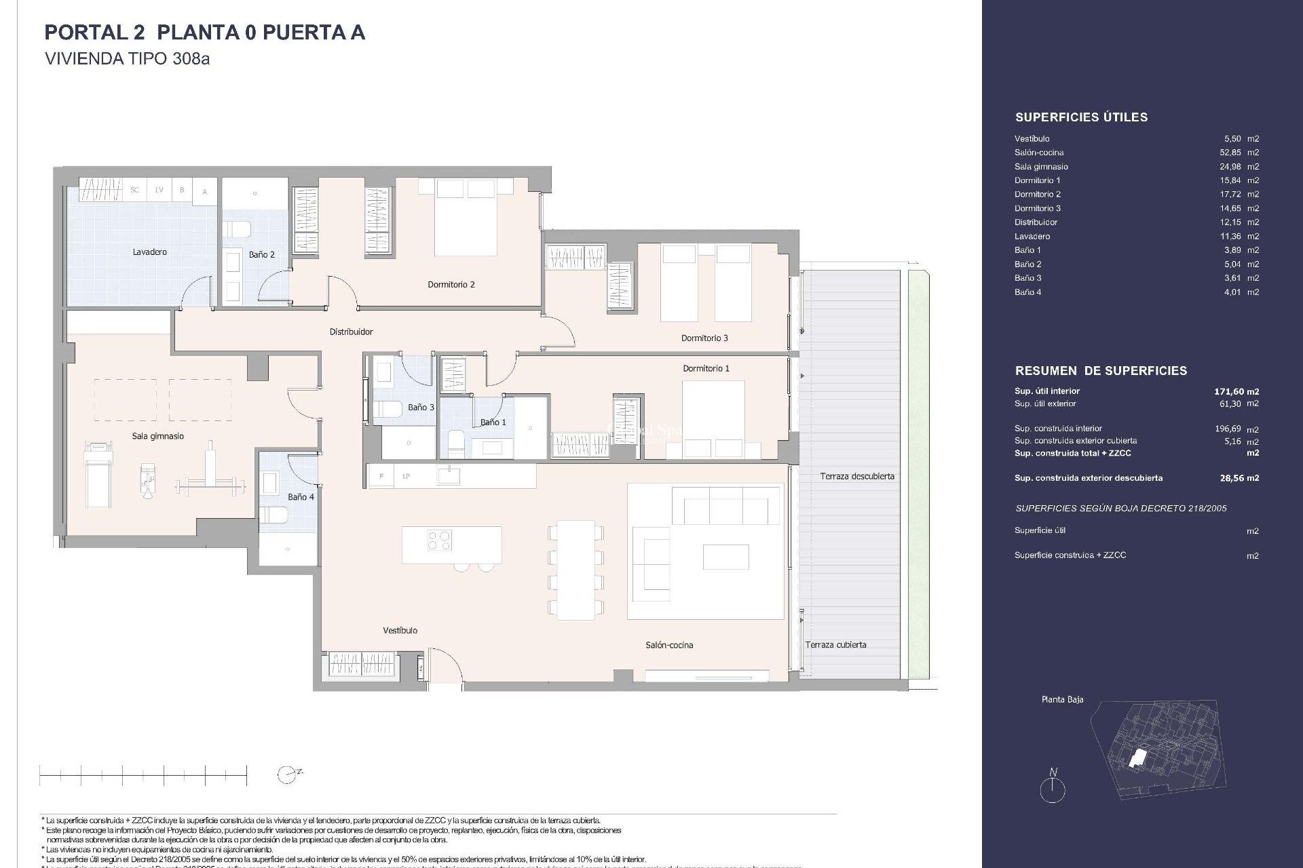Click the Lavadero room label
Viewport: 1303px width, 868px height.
click(x=149, y=252)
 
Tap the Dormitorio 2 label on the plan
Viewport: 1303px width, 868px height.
click(x=451, y=285)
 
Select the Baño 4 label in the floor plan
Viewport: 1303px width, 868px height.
click(x=301, y=497)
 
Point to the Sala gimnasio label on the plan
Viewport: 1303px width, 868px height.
click(x=157, y=437)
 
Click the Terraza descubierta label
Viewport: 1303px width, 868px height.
click(x=856, y=477)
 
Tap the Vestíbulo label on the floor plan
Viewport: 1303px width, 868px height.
click(x=400, y=631)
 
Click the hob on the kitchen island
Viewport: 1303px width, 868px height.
click(x=439, y=540)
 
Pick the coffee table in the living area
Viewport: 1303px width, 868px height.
click(x=725, y=557)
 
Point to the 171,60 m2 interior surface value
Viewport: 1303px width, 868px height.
click(x=1236, y=391)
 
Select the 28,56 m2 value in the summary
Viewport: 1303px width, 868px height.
click(x=1239, y=478)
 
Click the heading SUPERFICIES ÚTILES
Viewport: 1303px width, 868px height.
click(x=1081, y=117)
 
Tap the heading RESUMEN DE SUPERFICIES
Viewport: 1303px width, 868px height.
click(x=1101, y=371)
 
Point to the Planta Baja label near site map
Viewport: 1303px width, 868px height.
click(x=1062, y=699)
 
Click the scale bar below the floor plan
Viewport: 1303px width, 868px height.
click(x=143, y=774)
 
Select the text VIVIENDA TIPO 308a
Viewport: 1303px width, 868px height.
click(x=127, y=59)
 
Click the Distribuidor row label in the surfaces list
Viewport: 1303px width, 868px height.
click(x=1036, y=222)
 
